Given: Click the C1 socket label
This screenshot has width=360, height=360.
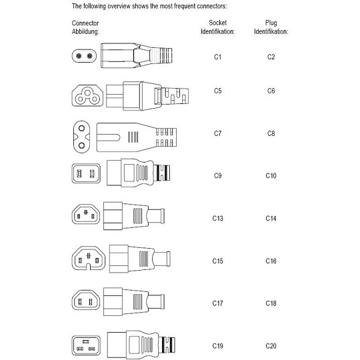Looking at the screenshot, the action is [x=217, y=57].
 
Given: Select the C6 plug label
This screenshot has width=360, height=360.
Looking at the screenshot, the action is [x=271, y=91].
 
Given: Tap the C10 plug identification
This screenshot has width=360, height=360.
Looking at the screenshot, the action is [x=271, y=175].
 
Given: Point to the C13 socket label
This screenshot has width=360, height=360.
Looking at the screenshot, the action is [x=217, y=218].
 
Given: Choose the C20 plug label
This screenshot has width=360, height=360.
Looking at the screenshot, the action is [x=271, y=346].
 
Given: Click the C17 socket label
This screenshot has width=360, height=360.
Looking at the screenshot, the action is [x=217, y=303].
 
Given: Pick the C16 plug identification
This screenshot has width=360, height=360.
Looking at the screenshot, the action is [x=271, y=261].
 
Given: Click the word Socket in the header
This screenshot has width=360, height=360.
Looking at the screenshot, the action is [x=217, y=23].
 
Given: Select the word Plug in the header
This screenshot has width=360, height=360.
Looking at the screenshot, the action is [x=271, y=23].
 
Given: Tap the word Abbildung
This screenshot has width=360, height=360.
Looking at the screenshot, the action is [x=85, y=32].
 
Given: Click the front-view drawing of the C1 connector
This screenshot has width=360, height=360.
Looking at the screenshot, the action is [x=84, y=56].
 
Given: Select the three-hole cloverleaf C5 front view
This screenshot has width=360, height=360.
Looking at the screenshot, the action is [x=87, y=95].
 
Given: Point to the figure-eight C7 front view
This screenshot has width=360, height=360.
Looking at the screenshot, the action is [x=81, y=137].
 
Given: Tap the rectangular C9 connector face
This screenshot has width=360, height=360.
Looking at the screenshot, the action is [x=86, y=173].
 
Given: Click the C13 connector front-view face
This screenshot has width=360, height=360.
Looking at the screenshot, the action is [x=85, y=214].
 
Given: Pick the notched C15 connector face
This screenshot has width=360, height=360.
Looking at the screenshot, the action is [x=89, y=258].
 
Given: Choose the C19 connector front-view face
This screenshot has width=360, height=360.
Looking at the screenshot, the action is [x=86, y=345].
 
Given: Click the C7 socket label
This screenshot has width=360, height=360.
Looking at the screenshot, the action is [x=217, y=133].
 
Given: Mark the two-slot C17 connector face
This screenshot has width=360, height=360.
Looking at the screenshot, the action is [x=85, y=300].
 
